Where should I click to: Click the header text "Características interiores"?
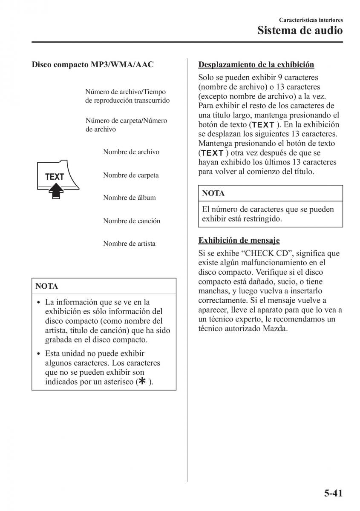click(311, 20)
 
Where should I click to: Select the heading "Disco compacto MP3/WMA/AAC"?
click(92, 65)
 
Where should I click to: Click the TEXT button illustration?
click(55, 177)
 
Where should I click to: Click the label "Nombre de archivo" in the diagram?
click(131, 152)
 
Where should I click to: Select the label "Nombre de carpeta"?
click(131, 175)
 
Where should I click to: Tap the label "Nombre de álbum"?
click(129, 198)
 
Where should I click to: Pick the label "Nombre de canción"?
click(132, 221)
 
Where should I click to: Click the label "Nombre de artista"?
click(129, 244)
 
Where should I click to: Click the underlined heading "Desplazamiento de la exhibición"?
click(256, 65)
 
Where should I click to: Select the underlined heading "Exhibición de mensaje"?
click(239, 241)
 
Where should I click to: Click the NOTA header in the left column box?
click(46, 286)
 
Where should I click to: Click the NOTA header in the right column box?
click(213, 193)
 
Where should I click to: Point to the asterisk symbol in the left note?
click(142, 382)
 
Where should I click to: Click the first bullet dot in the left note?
click(39, 302)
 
